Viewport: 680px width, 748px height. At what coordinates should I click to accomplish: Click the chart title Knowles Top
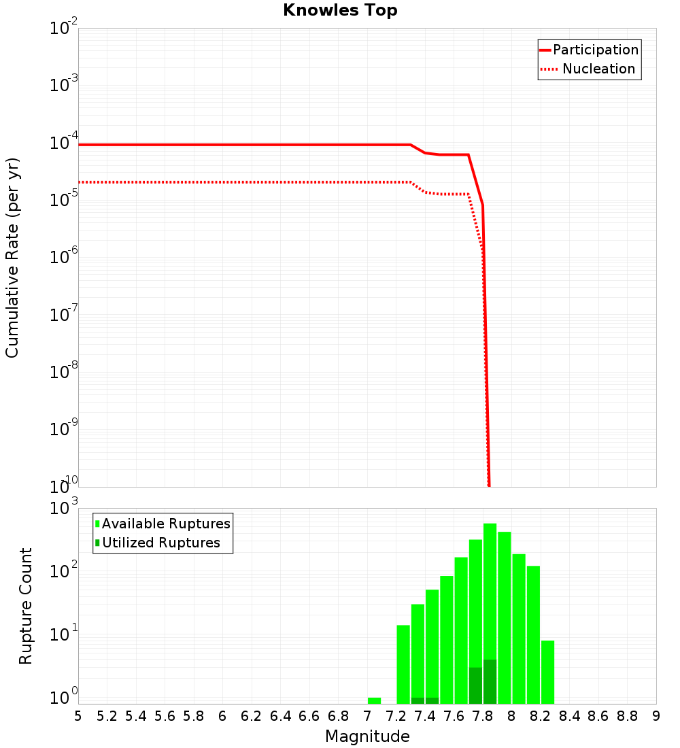[340, 10]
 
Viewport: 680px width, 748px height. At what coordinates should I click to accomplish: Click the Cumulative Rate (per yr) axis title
[12, 257]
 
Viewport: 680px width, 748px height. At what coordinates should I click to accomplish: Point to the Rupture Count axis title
[26, 605]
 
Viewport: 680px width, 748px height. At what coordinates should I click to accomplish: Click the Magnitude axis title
[367, 736]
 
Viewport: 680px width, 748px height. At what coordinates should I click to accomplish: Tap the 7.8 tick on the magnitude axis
[483, 716]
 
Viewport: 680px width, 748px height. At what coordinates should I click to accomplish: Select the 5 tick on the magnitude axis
[78, 716]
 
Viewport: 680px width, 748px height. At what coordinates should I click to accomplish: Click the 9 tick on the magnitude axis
[656, 716]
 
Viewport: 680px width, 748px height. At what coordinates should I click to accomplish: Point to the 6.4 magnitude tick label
[280, 716]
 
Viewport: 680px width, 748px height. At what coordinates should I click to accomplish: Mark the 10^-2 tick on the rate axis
[64, 29]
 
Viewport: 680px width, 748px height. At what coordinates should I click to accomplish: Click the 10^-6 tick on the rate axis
[64, 257]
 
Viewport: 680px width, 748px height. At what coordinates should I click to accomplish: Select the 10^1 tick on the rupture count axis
[64, 635]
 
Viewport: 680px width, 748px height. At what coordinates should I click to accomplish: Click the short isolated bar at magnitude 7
[374, 700]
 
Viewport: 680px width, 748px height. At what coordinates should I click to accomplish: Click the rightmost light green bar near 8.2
[548, 672]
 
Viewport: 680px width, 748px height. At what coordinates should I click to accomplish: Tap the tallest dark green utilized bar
[490, 681]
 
